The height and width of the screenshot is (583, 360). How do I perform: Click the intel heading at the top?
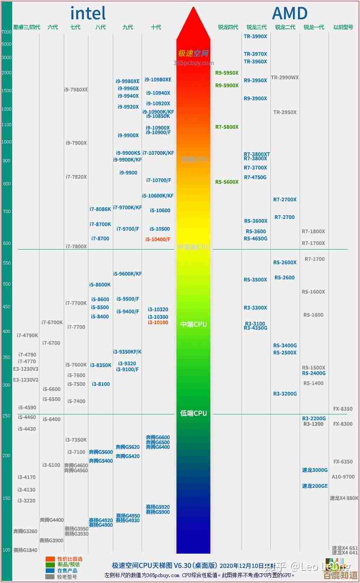88,13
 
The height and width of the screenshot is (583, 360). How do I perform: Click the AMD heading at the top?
290,13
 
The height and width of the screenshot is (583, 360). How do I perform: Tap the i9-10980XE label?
158,80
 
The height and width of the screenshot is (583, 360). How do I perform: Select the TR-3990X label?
255,36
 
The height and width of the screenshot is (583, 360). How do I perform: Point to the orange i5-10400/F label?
158,239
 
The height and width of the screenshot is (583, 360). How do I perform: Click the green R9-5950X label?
227,73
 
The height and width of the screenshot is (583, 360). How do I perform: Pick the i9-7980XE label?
76,90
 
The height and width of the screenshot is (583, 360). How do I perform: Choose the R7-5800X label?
227,127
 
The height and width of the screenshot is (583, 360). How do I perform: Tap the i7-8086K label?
100,209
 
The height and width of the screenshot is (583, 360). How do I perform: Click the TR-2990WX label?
285,78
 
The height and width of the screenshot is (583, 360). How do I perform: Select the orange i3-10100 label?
158,323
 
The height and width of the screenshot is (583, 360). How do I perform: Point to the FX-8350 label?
342,409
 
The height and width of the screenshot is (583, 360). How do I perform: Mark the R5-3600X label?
256,221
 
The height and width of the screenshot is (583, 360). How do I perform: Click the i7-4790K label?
27,336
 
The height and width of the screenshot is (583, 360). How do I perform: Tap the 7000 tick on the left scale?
6,32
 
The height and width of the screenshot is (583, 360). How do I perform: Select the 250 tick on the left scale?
6,416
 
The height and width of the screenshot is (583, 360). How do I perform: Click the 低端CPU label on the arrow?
193,414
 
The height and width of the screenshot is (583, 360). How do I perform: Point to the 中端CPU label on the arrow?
193,325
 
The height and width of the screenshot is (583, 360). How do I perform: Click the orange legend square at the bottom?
50,559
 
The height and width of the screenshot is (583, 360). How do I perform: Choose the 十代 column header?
156,27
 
